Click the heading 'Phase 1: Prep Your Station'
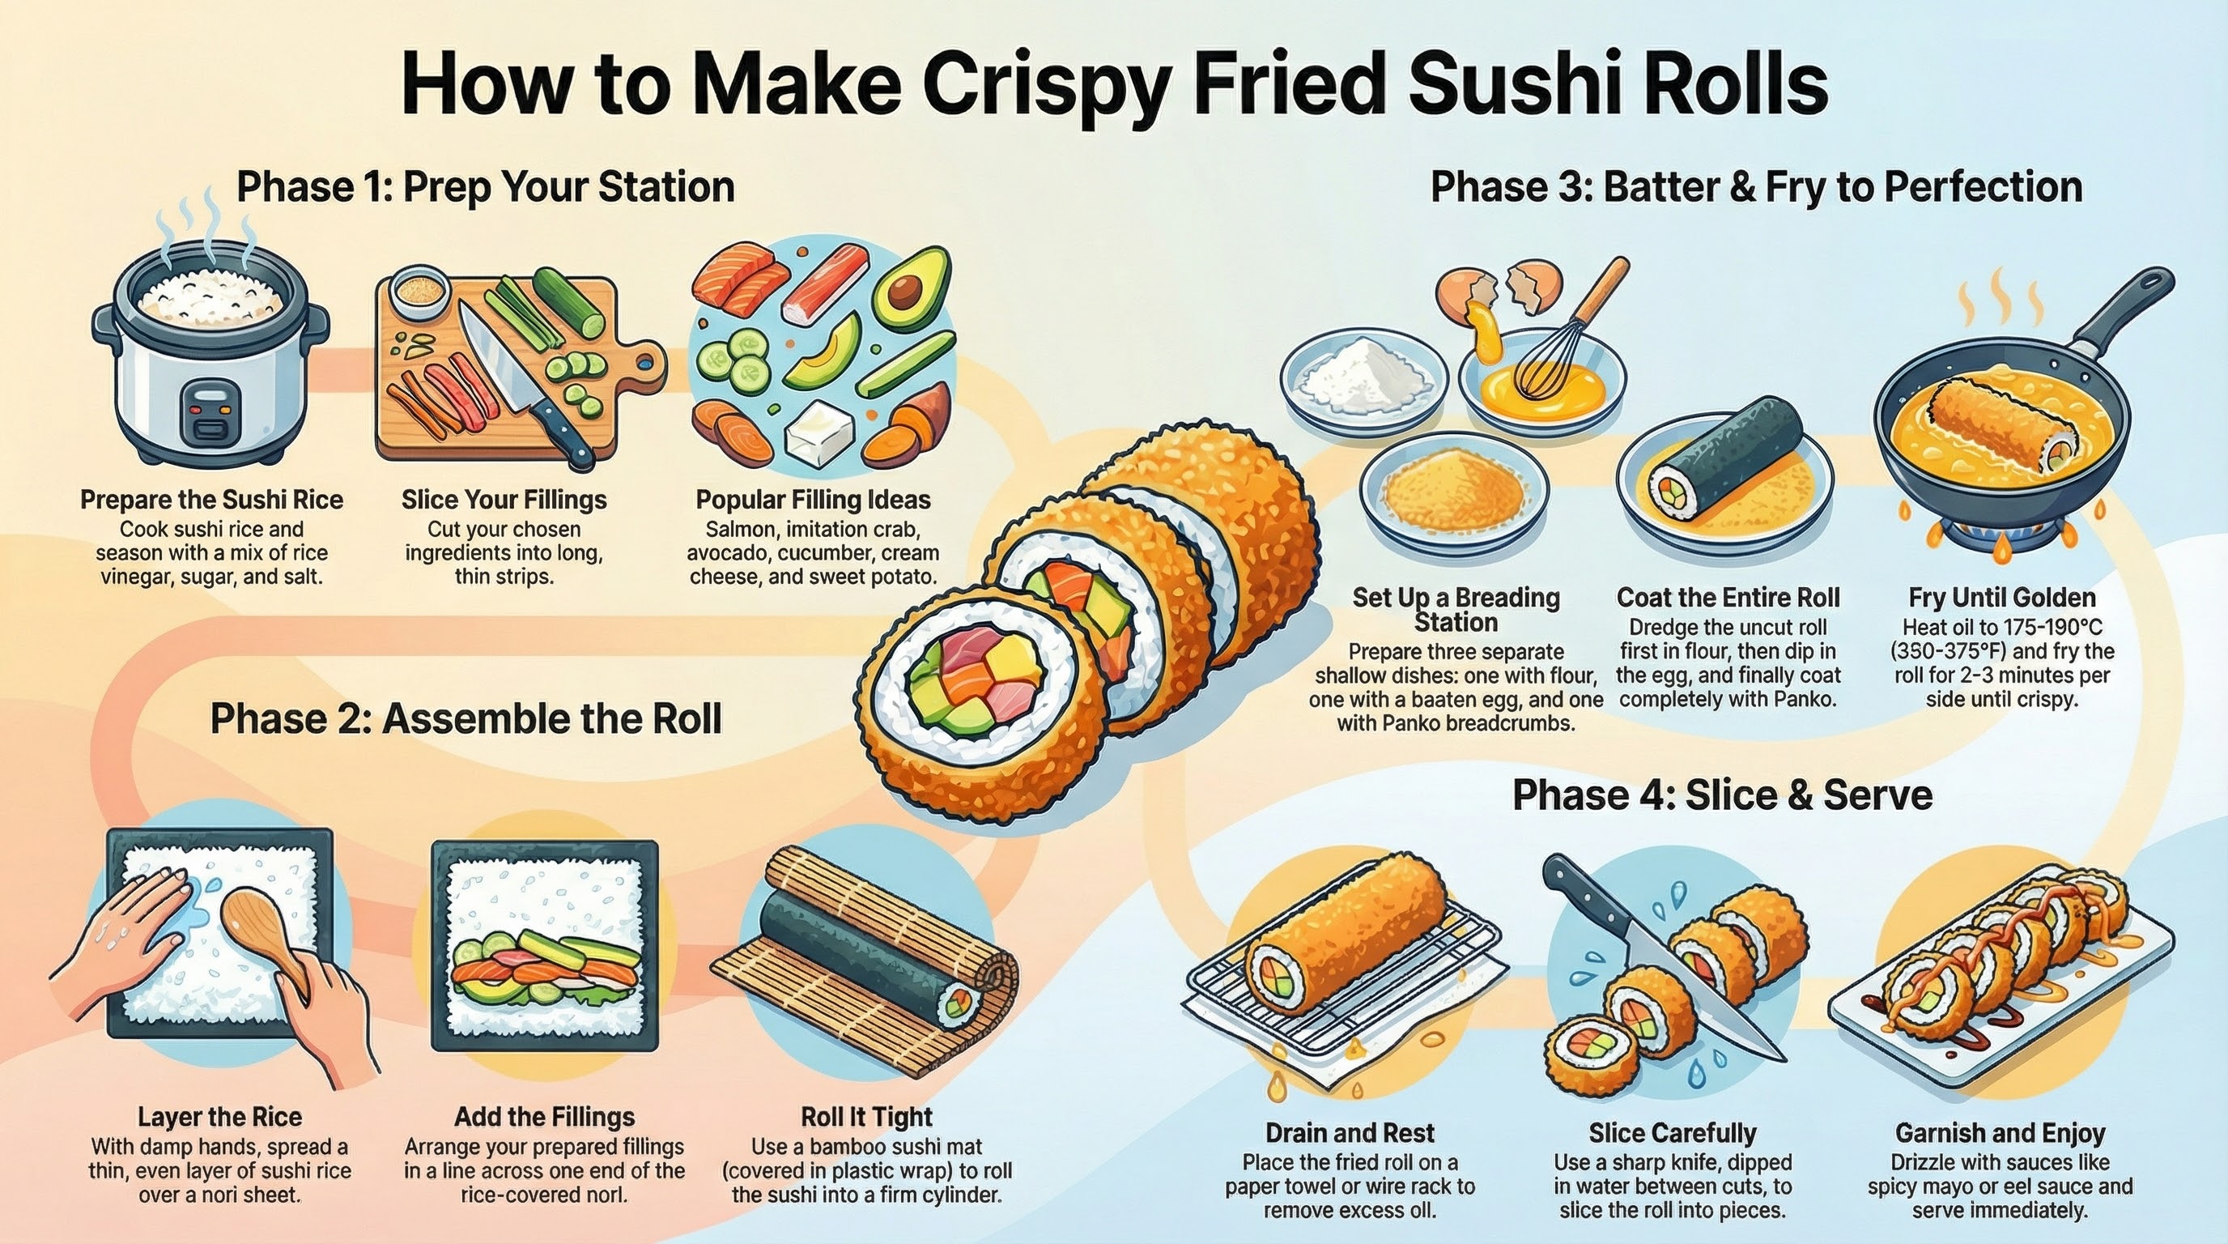[485, 187]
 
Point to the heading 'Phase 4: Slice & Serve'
[1722, 795]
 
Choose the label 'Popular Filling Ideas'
[813, 499]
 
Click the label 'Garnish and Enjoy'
[2000, 1132]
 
